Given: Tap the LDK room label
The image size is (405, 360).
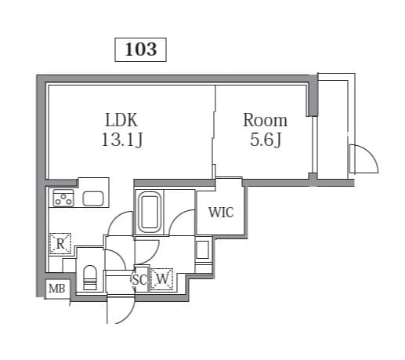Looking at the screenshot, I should (x=121, y=121).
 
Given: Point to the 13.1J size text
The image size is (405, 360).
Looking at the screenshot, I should (x=121, y=140).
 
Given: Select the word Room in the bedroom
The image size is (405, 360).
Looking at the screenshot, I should (x=265, y=121).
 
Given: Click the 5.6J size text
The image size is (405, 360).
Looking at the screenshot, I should (x=265, y=140).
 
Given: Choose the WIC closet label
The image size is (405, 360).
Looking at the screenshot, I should (x=220, y=212).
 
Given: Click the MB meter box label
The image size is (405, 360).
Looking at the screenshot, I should (x=56, y=289).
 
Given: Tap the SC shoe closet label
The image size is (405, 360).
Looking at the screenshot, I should (x=139, y=278).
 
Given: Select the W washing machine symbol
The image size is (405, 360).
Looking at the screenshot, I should (x=162, y=278).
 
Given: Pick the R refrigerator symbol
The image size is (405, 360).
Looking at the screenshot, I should (x=60, y=244).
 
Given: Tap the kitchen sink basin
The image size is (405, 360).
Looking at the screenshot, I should (x=94, y=198).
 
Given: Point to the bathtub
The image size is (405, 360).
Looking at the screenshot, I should (x=149, y=213).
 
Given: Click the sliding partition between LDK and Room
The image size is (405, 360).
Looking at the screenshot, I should (x=214, y=133).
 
